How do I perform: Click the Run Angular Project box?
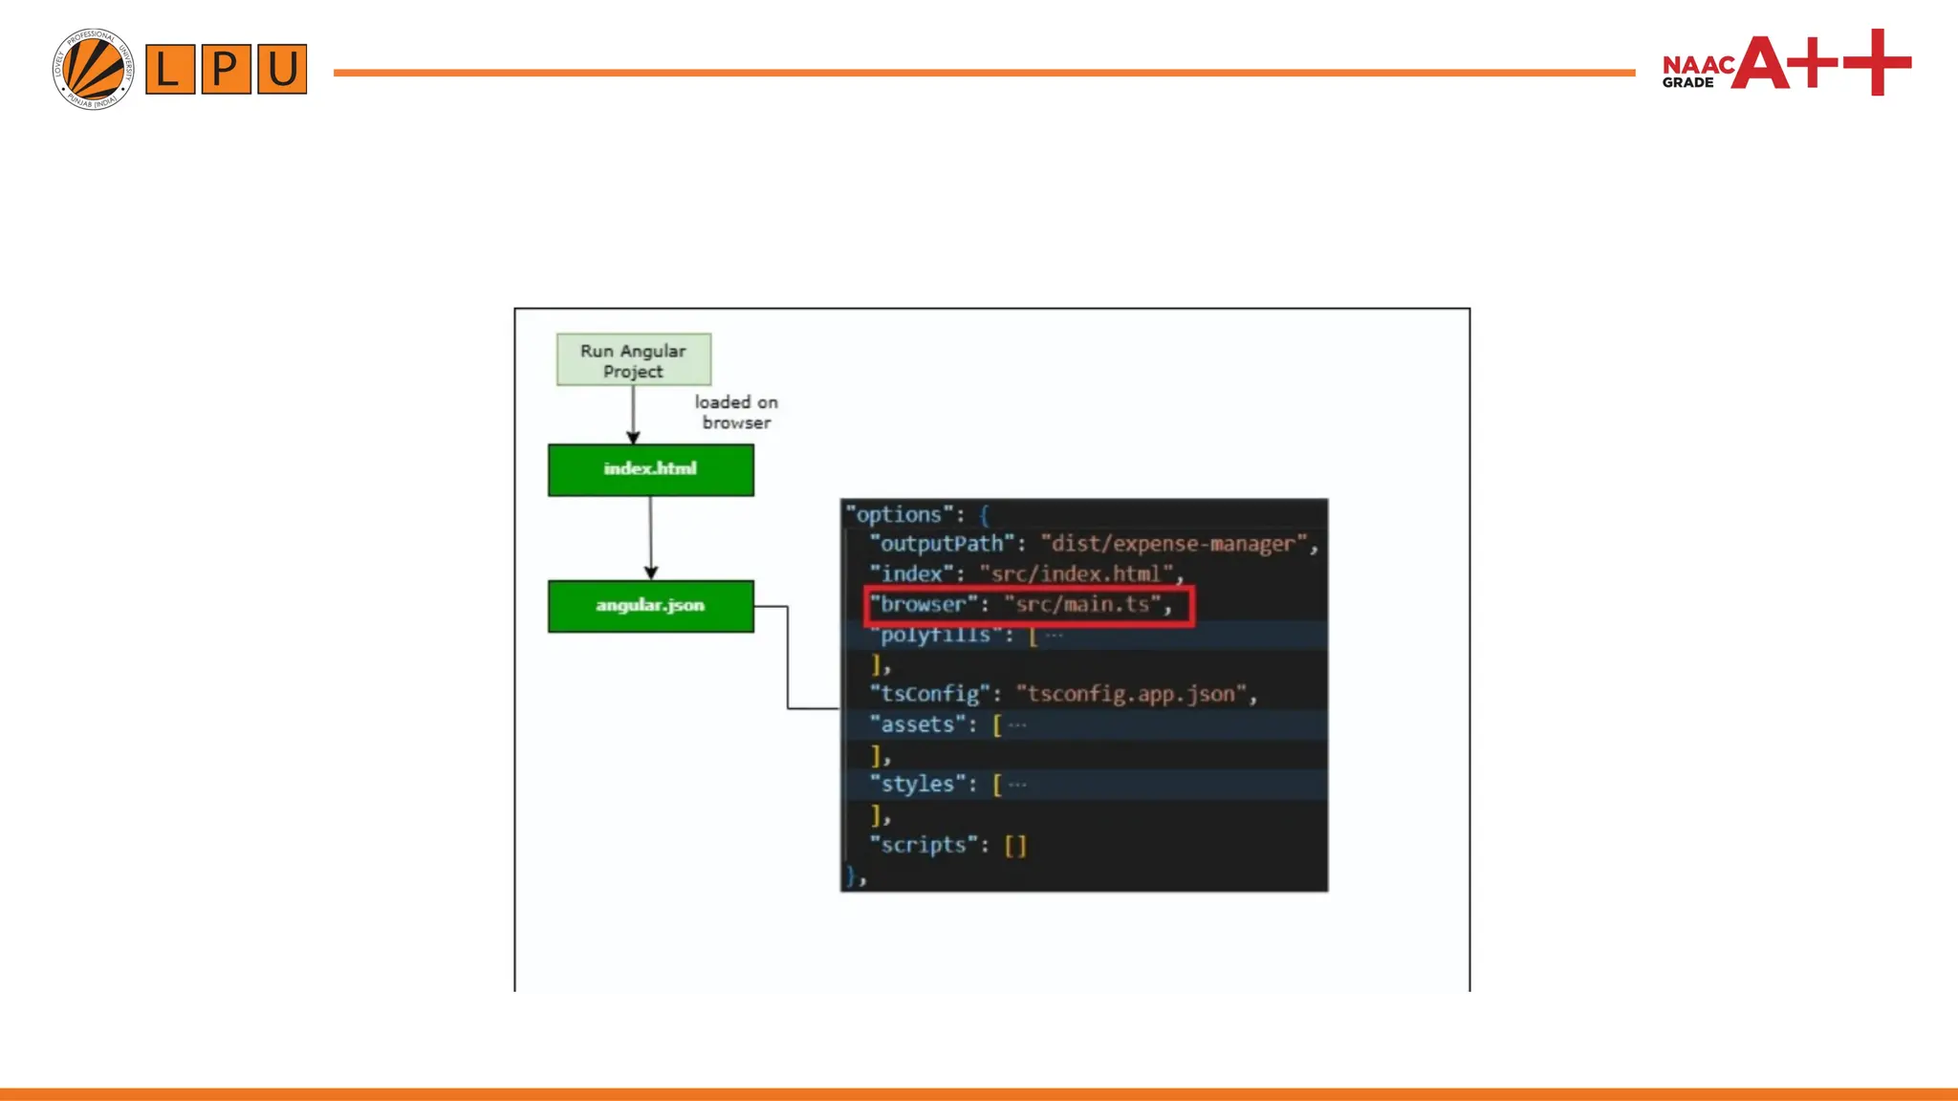click(x=633, y=360)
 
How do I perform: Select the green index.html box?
click(x=650, y=469)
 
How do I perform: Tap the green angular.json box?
click(x=650, y=606)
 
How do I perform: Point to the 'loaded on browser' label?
click(x=736, y=412)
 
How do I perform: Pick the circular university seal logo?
click(x=93, y=69)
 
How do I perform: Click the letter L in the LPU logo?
click(x=170, y=69)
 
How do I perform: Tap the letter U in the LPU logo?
click(x=282, y=69)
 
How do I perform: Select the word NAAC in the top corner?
click(x=1698, y=64)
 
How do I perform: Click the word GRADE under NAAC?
click(x=1687, y=83)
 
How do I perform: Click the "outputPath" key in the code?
click(x=941, y=544)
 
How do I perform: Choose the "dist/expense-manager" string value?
click(x=1173, y=544)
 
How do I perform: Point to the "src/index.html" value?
click(x=1076, y=573)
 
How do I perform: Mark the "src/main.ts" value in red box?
click(x=1082, y=605)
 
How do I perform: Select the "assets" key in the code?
click(x=917, y=724)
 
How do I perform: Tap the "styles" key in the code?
click(x=917, y=784)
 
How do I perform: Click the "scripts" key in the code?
click(x=923, y=845)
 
